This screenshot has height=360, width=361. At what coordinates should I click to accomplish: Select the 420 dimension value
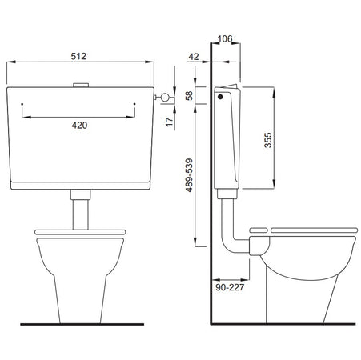tap(78, 125)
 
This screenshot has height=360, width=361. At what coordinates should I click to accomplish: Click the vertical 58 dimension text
tap(189, 95)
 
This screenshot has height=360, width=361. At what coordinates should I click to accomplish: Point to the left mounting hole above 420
tap(22, 103)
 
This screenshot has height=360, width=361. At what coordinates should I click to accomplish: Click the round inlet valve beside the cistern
tap(166, 97)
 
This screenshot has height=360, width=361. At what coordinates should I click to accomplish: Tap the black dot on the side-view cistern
tap(220, 97)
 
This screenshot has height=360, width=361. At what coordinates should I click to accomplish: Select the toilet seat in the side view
tap(312, 231)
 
